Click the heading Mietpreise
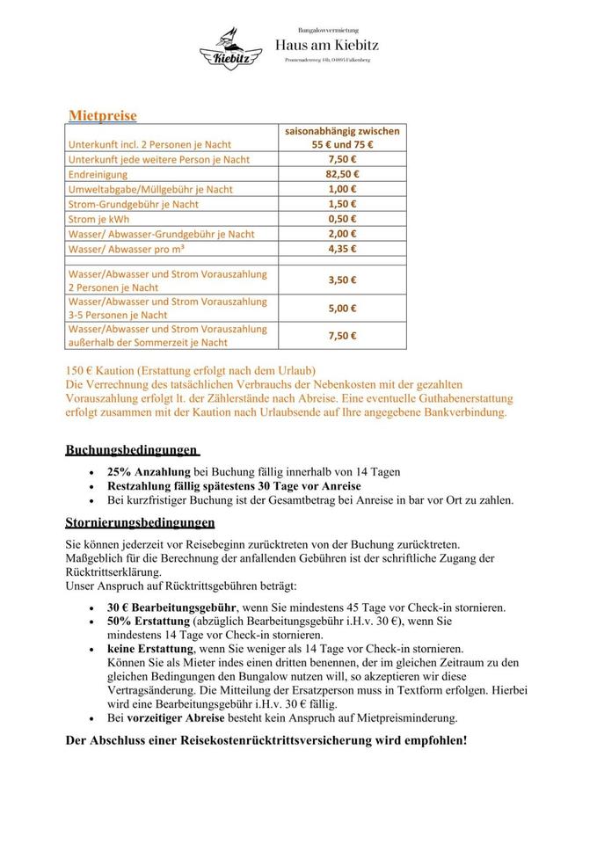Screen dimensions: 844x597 point(103,115)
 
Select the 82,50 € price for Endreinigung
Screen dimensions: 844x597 point(341,174)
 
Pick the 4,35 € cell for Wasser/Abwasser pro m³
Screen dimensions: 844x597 point(341,249)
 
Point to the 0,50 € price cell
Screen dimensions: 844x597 point(341,219)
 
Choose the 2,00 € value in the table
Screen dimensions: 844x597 point(341,234)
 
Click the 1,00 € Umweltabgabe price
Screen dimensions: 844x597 point(341,189)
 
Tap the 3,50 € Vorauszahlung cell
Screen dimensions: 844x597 point(341,280)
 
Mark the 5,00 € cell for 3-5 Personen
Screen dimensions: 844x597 point(341,308)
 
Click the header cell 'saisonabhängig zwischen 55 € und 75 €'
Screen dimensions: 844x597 point(341,138)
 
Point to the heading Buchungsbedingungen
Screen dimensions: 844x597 point(131,450)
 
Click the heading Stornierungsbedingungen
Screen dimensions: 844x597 point(140,522)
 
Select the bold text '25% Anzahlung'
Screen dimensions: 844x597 point(149,472)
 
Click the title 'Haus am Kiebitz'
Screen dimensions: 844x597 point(328,44)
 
